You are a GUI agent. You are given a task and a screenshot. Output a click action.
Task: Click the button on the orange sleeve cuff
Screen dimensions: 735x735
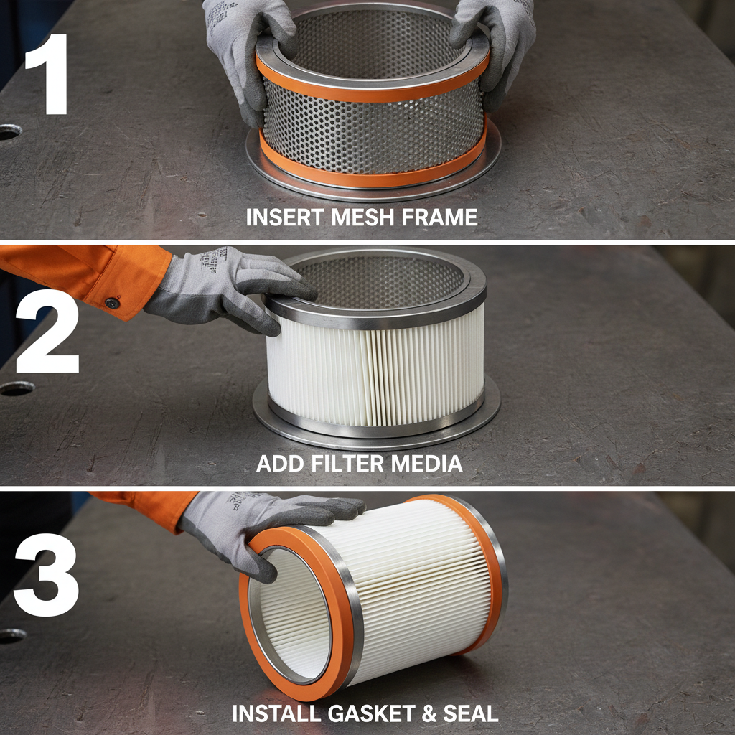point(112,303)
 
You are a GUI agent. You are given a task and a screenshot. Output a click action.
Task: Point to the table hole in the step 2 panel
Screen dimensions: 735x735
point(16,388)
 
